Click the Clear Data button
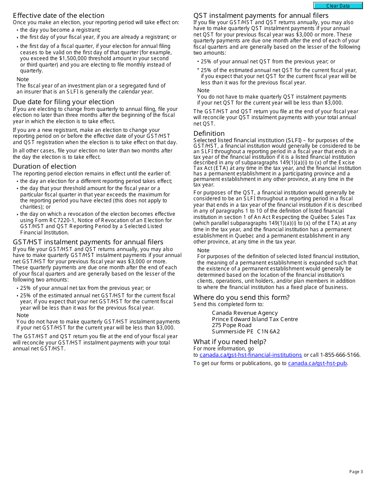click(x=338, y=6)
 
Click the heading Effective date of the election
click(x=59, y=15)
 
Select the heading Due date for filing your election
click(x=63, y=102)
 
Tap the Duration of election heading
click(x=44, y=166)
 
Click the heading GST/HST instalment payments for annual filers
click(x=88, y=242)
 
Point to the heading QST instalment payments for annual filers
click(x=261, y=15)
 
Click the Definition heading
click(x=209, y=133)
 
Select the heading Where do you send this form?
click(x=241, y=297)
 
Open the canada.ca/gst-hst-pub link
click(x=317, y=363)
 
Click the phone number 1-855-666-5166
click(x=340, y=355)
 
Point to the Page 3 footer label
click(x=356, y=472)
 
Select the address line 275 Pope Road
click(x=232, y=325)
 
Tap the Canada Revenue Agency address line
click(x=245, y=313)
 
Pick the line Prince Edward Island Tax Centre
click(x=254, y=319)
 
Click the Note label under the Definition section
click(x=203, y=250)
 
